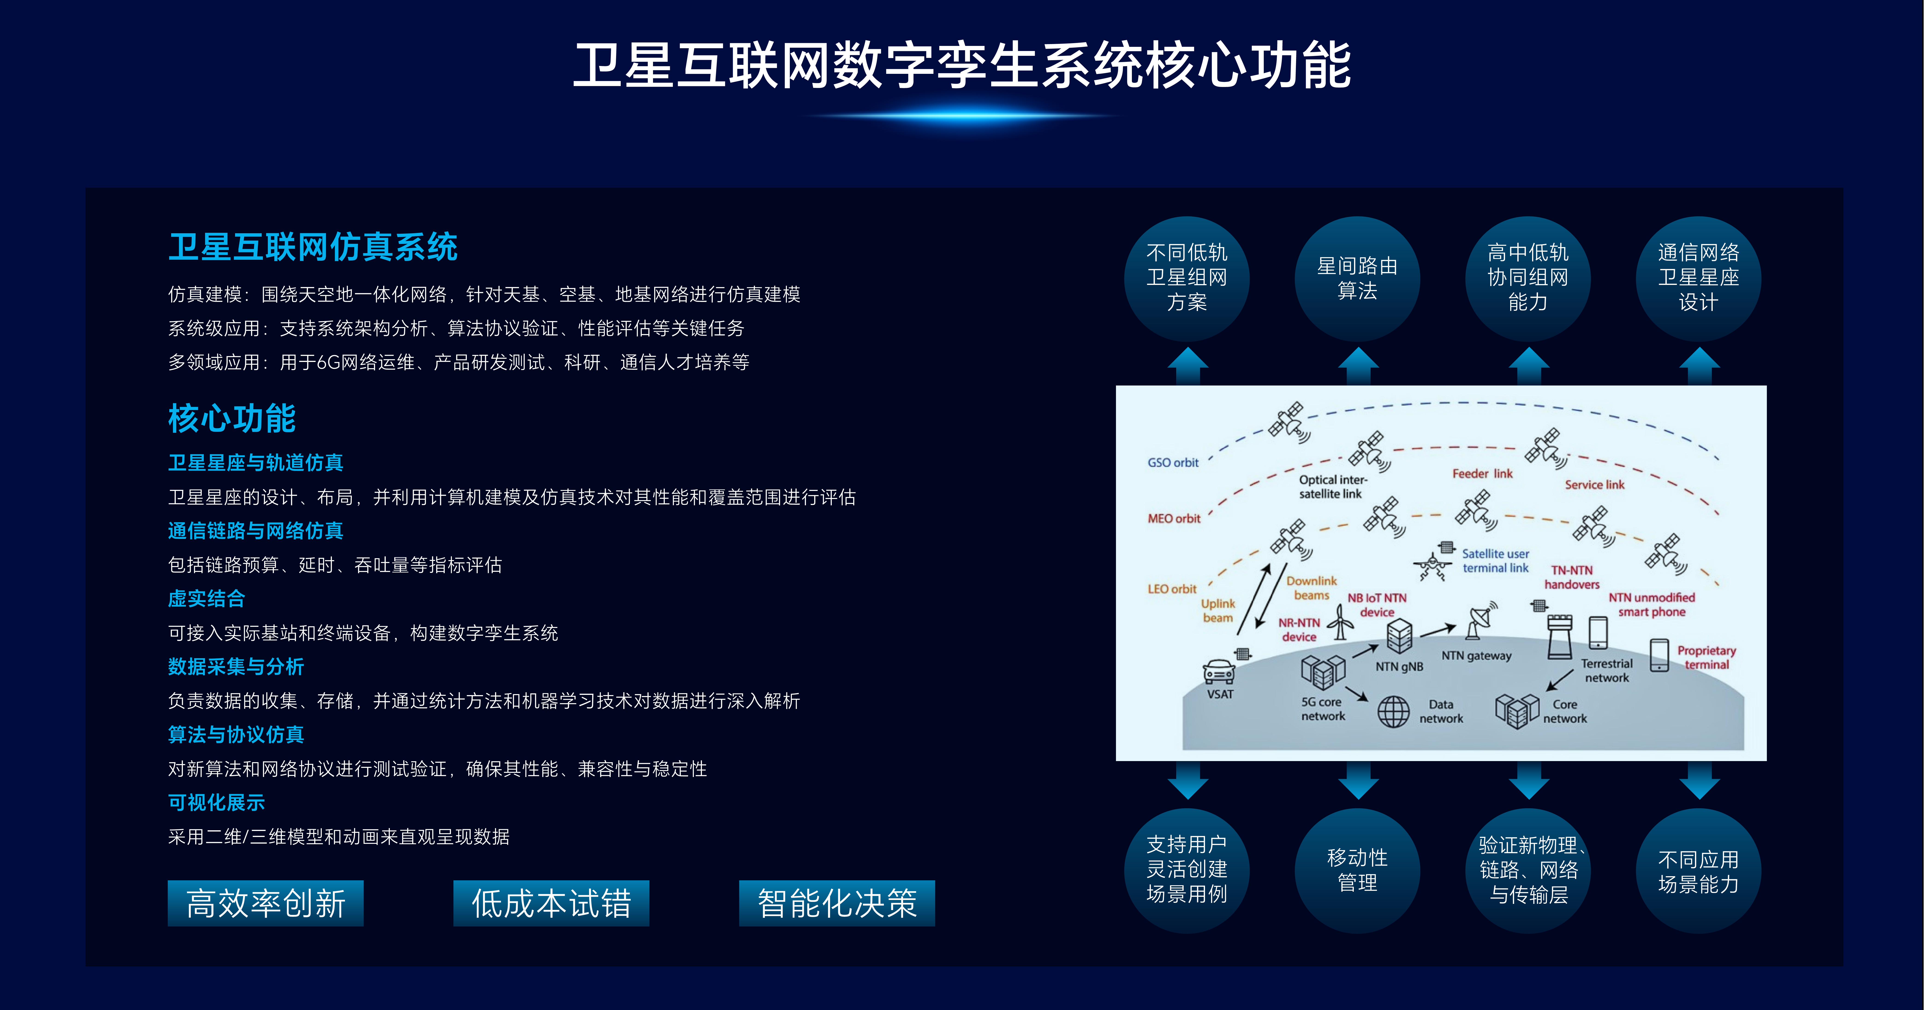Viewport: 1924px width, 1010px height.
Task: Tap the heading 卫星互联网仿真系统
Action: tap(313, 247)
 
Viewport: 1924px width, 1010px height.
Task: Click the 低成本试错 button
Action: tap(551, 903)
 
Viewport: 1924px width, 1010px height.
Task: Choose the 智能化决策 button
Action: tap(837, 903)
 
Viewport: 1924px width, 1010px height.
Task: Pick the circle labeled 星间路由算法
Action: tap(1357, 279)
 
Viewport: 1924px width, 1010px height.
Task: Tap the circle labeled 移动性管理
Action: tap(1357, 870)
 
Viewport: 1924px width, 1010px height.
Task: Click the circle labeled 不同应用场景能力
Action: tap(1698, 870)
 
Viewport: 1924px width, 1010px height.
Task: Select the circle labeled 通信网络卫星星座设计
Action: tap(1698, 279)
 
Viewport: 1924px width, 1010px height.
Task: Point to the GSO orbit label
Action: tap(1173, 462)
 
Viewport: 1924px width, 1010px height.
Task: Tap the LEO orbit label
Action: tap(1172, 589)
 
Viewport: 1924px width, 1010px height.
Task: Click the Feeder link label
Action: tap(1482, 474)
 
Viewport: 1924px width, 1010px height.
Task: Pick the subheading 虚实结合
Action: tap(206, 598)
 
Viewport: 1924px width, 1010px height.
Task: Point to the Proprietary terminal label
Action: tap(1707, 657)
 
